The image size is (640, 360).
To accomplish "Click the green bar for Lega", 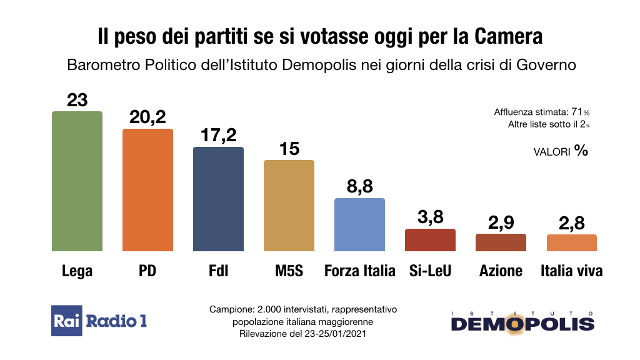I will click(77, 181).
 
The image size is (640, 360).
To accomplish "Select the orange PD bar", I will click(147, 190).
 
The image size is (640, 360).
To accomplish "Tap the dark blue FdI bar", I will click(218, 199).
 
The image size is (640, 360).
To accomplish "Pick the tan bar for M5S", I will click(289, 206).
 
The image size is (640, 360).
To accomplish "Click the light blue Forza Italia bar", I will click(359, 225).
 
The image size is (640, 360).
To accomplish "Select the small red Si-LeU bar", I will click(430, 240).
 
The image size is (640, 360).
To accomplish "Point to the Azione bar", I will click(501, 242).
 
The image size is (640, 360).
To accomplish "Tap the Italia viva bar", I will click(571, 243).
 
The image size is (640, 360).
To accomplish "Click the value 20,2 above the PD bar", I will click(147, 117).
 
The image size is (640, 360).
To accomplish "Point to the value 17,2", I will click(218, 135).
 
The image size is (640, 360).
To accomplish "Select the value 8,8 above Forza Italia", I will click(359, 186).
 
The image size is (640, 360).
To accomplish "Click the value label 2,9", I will click(501, 222).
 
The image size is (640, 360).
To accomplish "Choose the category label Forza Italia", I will click(360, 271).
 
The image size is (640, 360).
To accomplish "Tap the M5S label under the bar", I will click(289, 271).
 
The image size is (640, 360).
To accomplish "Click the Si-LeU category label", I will click(430, 271).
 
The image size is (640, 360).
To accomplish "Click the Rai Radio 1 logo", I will click(99, 321).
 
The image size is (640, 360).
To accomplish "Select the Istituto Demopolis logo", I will click(522, 321).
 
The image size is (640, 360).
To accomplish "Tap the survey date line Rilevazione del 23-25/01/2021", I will click(302, 334).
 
